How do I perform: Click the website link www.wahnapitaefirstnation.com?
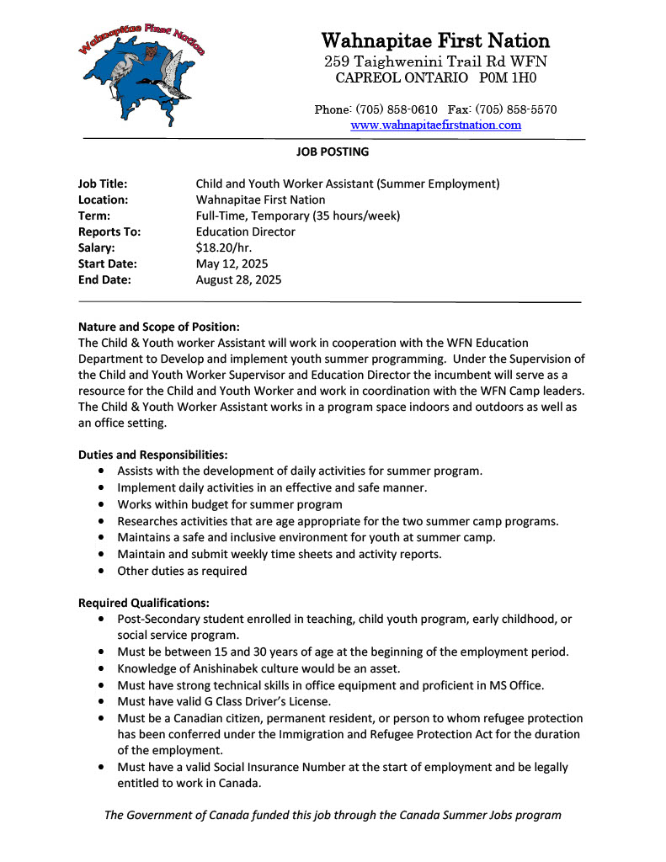pos(435,125)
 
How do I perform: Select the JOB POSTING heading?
pos(333,152)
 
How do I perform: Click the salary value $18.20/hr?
pos(224,247)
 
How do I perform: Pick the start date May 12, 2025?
pos(232,263)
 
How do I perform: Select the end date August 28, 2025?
pos(238,279)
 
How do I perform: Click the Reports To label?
pos(109,231)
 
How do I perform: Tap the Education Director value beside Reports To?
pos(245,231)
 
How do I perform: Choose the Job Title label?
pos(103,184)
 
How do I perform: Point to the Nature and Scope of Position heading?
pos(159,327)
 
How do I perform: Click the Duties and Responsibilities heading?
pos(153,455)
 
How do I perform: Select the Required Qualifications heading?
pos(144,603)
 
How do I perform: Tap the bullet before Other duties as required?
pos(102,571)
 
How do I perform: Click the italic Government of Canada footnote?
pos(333,815)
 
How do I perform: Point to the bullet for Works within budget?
pos(102,505)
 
